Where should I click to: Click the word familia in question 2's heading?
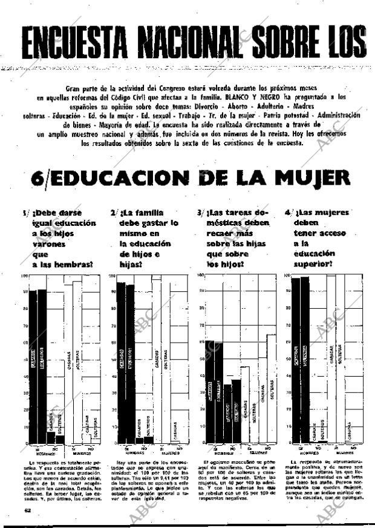coord(149,213)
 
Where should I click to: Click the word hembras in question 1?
coord(77,265)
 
